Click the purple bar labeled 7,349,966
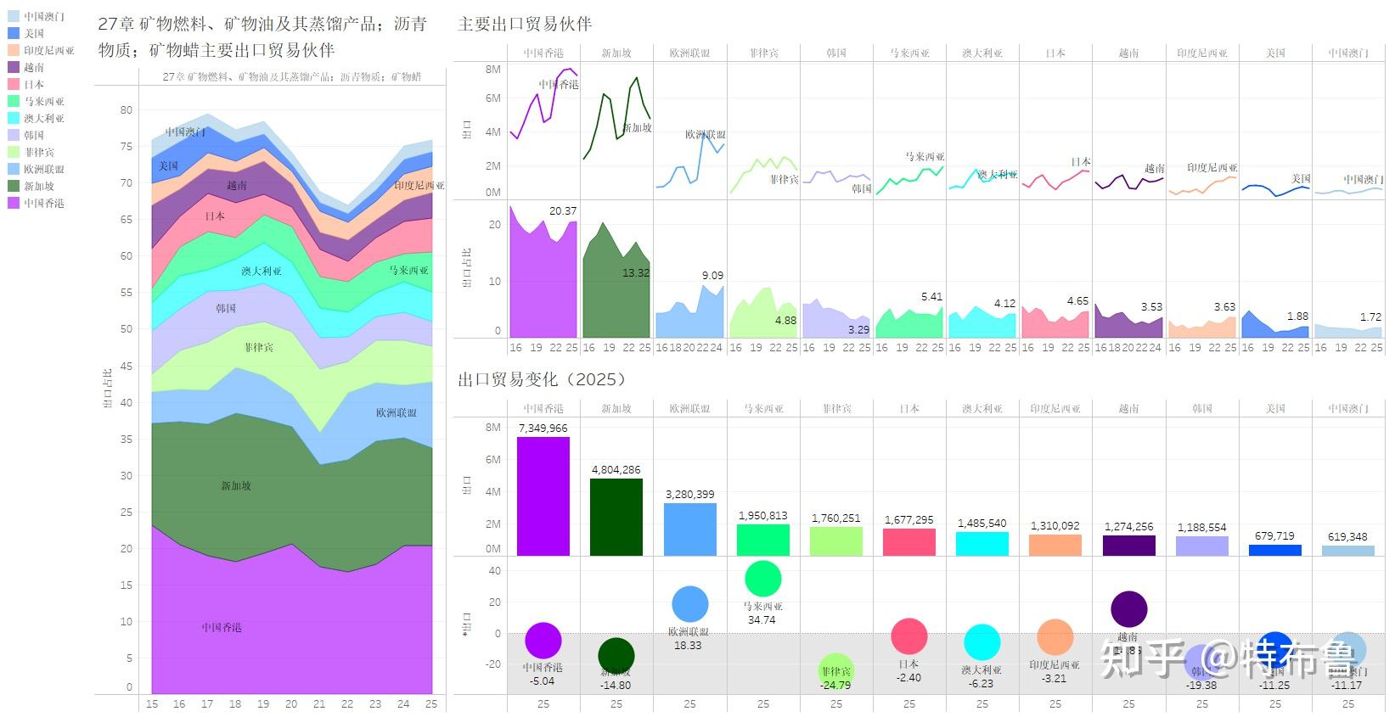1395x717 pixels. point(543,496)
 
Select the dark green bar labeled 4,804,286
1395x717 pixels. point(616,518)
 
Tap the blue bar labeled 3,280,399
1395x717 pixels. point(689,529)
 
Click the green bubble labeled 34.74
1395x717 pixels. point(762,579)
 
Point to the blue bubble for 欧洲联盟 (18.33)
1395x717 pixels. point(689,605)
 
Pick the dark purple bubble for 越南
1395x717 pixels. point(1128,608)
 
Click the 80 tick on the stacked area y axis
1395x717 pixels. point(127,109)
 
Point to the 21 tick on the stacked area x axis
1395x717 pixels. point(319,703)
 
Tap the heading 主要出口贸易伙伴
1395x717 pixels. point(524,24)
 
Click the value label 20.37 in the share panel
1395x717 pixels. point(563,210)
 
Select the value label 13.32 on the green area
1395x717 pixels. point(635,272)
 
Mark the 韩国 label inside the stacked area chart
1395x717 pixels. point(225,308)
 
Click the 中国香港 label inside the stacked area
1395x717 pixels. point(222,627)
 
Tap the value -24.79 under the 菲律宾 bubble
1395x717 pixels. point(835,685)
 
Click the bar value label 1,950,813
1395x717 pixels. point(762,515)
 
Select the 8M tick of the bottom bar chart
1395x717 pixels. point(493,428)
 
